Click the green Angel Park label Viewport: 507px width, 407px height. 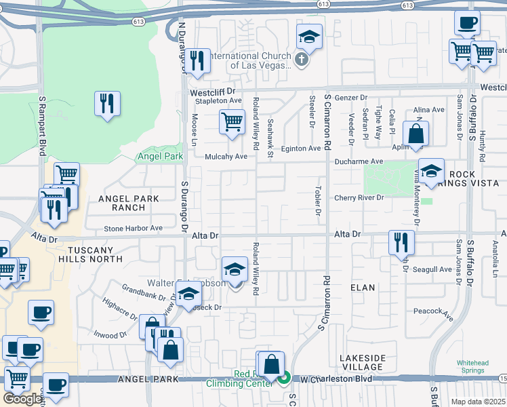[x=160, y=156]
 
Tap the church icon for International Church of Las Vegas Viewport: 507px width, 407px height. [x=302, y=60]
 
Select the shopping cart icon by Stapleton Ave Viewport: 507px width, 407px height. [x=231, y=122]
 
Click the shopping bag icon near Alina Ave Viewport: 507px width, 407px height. [x=415, y=133]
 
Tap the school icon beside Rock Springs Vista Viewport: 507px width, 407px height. [x=430, y=171]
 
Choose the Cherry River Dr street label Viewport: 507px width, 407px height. [x=359, y=198]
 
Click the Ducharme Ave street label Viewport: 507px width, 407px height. [x=359, y=161]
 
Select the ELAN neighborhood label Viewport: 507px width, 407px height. [x=362, y=288]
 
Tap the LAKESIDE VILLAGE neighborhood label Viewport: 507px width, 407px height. [x=362, y=363]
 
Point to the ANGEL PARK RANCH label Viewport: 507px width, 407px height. [x=128, y=203]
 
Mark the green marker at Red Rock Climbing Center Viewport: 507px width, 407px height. [x=285, y=378]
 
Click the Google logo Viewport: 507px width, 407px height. [x=22, y=399]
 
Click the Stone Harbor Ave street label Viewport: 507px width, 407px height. [x=134, y=229]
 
